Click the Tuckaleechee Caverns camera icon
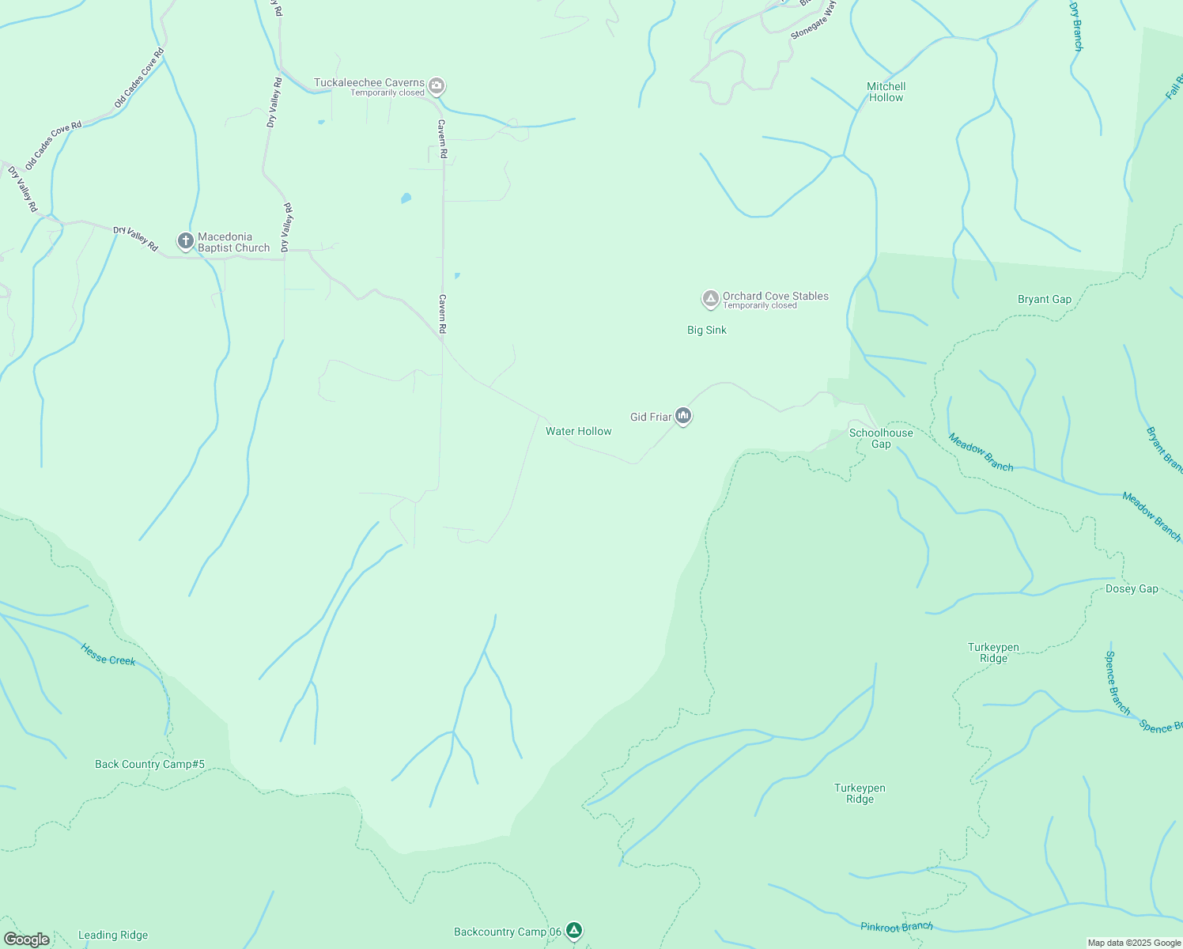(437, 85)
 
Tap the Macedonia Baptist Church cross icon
(186, 241)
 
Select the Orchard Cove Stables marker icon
(710, 299)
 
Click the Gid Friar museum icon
(684, 416)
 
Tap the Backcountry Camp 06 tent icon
(575, 931)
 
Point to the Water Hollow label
(578, 431)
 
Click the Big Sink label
(706, 330)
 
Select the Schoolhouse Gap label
(881, 438)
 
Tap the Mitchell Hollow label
(886, 92)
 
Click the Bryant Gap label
(1044, 299)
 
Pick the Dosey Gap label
(1132, 588)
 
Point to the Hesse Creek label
(108, 654)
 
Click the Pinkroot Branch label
(896, 926)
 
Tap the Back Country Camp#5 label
(149, 764)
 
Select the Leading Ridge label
(112, 935)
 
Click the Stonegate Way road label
(814, 20)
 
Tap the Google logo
(26, 940)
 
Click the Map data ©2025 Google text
(1133, 943)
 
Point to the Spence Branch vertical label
(1117, 682)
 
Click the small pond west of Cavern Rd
(406, 198)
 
